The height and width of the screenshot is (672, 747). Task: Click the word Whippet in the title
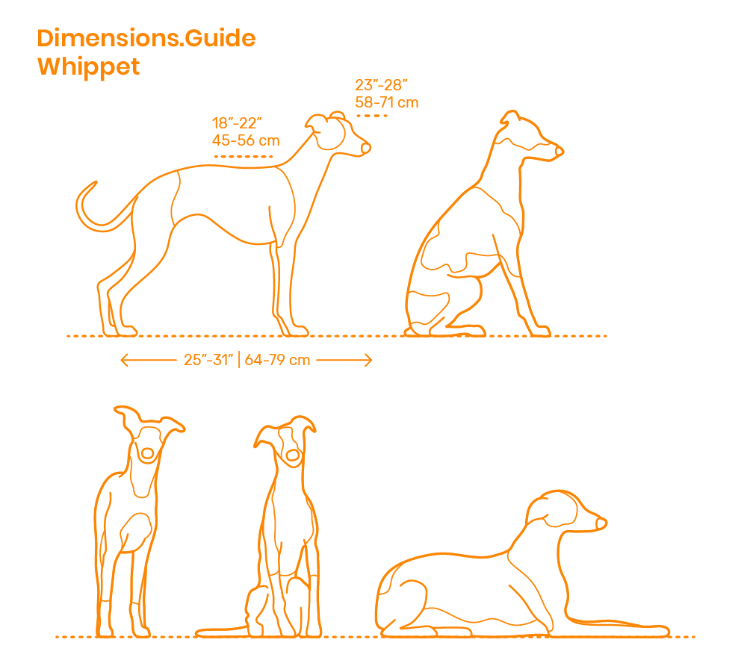(x=88, y=66)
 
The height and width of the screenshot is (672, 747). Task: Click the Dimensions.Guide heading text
(x=146, y=38)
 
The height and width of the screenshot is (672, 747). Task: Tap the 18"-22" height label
(x=238, y=123)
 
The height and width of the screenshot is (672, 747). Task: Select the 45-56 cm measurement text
(x=247, y=140)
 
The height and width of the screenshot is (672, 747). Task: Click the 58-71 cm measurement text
(x=386, y=102)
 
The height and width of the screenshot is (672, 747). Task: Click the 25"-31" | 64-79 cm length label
(x=247, y=361)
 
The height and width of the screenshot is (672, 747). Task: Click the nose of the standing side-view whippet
(x=365, y=149)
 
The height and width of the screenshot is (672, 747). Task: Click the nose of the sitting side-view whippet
(x=560, y=152)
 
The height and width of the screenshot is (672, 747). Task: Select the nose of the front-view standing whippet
(x=147, y=453)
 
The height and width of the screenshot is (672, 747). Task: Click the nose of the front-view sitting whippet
(x=292, y=455)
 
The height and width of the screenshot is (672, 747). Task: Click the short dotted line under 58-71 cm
(x=371, y=116)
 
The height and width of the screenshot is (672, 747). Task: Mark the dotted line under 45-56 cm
(x=244, y=156)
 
